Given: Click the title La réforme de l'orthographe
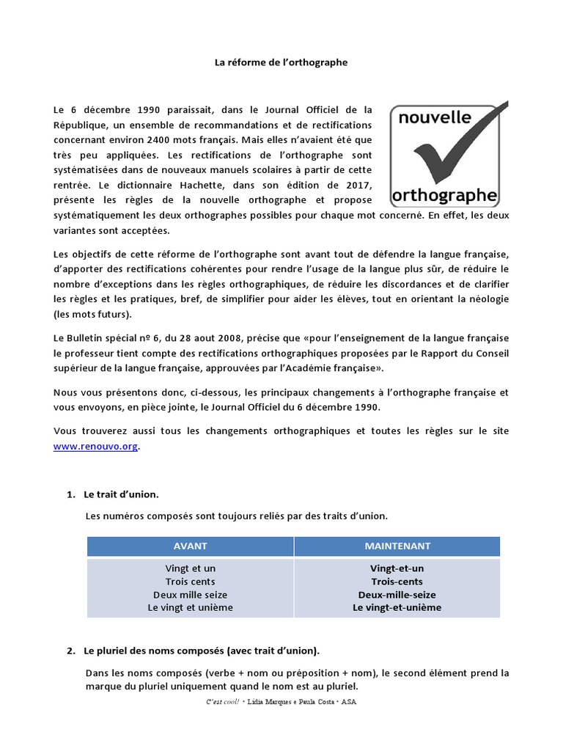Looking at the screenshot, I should tap(281, 63).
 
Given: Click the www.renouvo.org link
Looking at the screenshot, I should tap(95, 446).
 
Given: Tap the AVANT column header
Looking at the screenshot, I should tap(190, 546).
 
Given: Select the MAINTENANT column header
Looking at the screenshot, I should tap(397, 546).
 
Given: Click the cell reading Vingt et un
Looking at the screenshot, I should tap(190, 568).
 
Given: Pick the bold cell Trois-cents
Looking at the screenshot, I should tap(397, 582).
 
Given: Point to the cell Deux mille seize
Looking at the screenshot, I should tap(190, 595).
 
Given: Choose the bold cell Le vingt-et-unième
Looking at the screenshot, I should tap(397, 608).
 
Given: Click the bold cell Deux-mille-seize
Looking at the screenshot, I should tap(397, 595).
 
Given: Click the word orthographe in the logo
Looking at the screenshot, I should tap(445, 195).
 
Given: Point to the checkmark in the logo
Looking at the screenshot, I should tap(455, 150).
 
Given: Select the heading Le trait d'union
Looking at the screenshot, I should tap(121, 495).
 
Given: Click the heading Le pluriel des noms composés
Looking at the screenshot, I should tap(202, 651).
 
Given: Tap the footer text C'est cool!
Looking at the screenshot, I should tap(223, 702).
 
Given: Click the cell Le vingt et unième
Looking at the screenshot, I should tap(190, 608).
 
